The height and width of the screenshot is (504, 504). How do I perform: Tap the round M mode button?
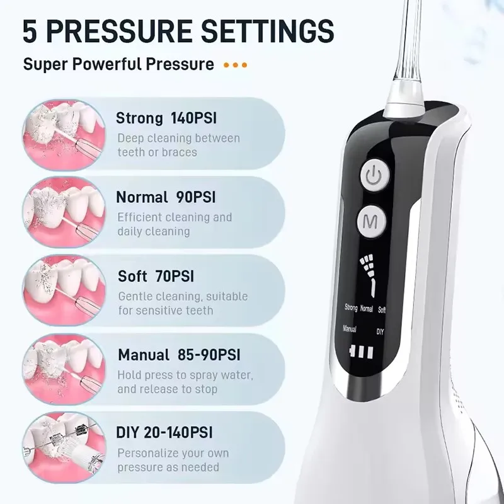(372, 222)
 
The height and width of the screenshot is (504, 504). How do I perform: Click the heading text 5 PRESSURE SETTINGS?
(178, 31)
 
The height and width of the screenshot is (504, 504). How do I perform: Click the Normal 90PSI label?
(166, 197)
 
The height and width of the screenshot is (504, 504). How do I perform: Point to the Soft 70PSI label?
(156, 276)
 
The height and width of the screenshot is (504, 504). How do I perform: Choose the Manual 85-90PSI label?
(178, 355)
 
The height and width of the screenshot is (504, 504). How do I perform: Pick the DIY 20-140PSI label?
(164, 433)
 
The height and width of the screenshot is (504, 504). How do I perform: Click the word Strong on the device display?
(351, 308)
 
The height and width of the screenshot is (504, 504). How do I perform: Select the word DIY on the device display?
(381, 331)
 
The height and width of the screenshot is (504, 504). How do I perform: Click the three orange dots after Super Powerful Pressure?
(236, 65)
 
